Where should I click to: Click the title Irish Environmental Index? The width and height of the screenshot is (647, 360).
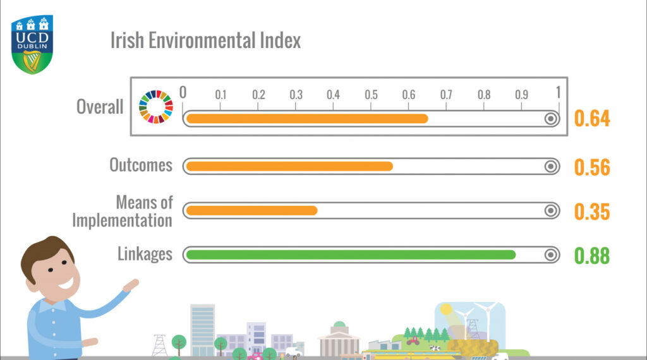205,40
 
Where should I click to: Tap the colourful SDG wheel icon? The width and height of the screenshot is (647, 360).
155,106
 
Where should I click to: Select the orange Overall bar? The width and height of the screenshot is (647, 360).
307,119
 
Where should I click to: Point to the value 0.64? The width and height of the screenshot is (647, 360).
592,119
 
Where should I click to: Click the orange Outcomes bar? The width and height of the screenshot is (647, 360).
289,166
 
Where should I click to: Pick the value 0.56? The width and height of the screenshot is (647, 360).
592,167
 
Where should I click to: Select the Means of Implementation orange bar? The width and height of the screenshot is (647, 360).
251,210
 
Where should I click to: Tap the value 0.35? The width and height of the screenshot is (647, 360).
592,211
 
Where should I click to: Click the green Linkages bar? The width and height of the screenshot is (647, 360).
351,255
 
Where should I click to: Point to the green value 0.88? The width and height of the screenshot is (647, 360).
592,256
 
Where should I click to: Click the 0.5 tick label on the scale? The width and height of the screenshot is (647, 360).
371,95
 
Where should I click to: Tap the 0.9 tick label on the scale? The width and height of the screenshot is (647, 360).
521,95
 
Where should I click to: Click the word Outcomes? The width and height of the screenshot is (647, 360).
141,165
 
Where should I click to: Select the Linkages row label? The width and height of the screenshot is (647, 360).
145,254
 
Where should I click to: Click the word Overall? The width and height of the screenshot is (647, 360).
100,107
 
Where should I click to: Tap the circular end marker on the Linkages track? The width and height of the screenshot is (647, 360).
551,255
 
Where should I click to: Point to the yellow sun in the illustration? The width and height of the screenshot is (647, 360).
447,310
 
